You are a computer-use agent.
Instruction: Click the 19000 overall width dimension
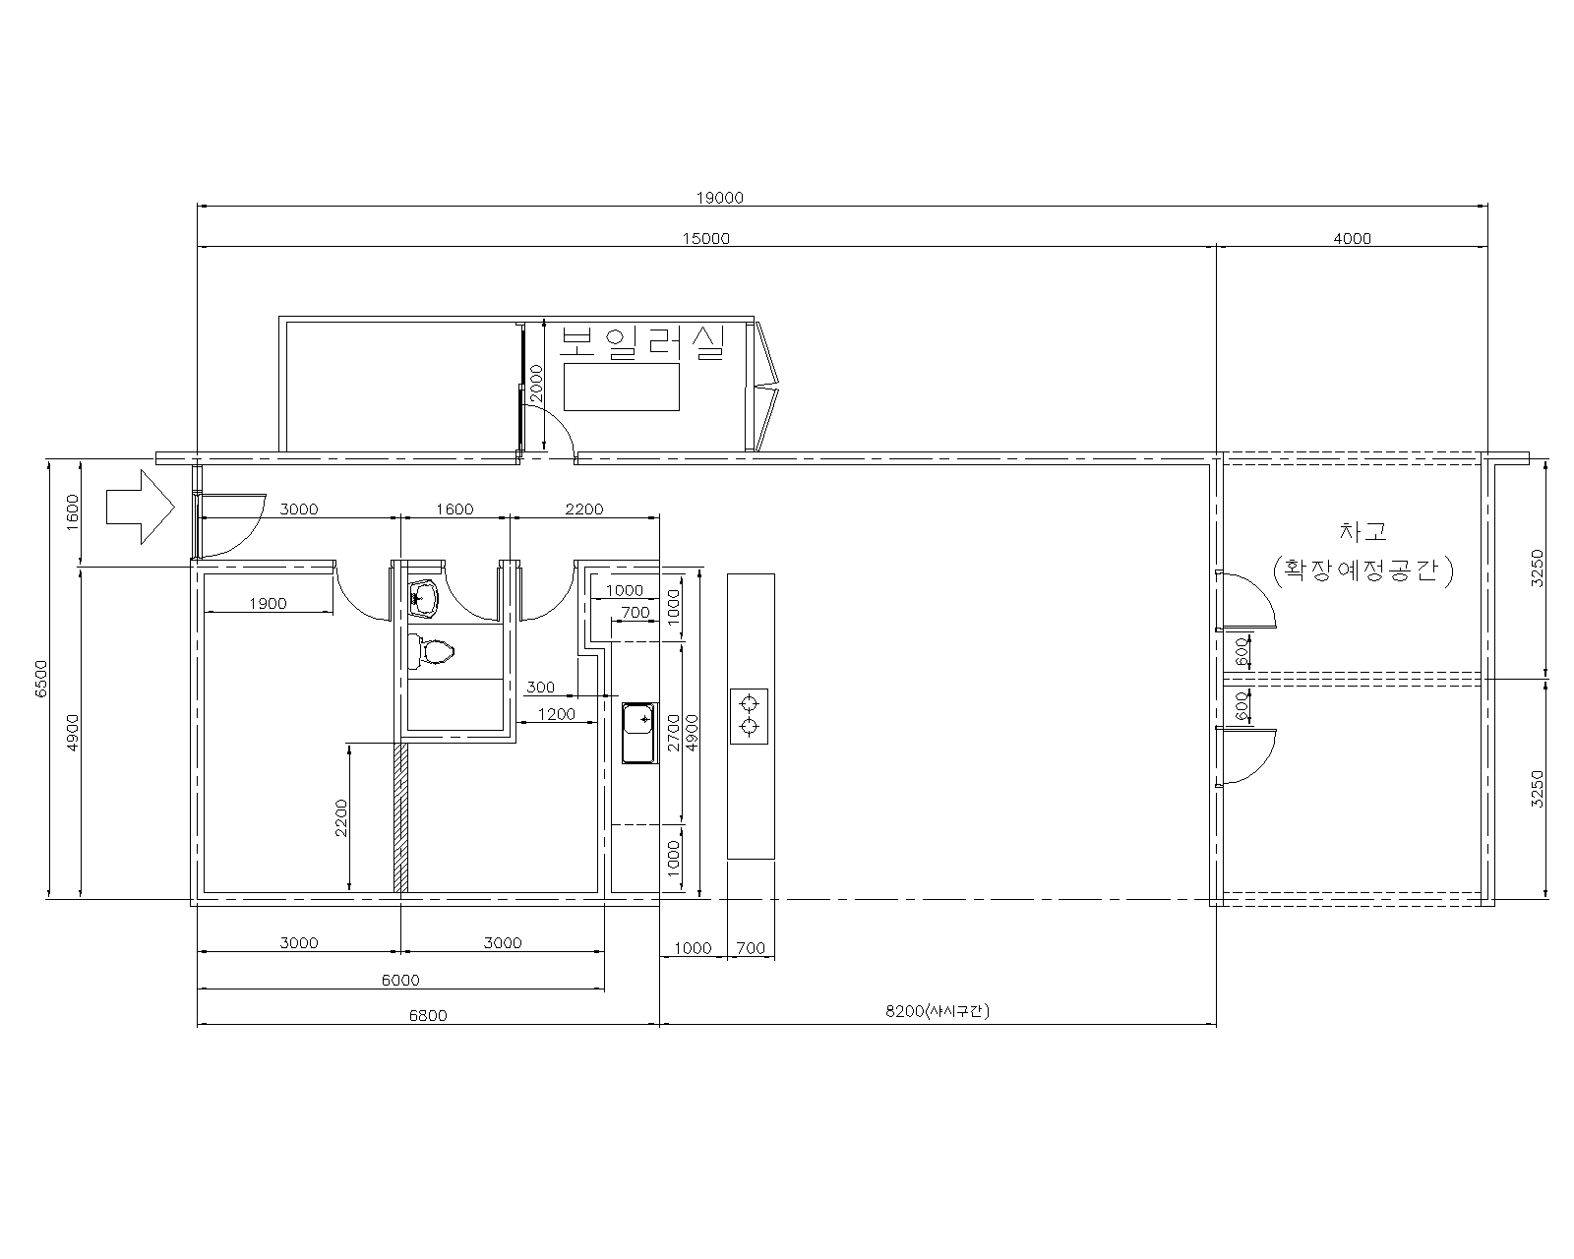click(720, 198)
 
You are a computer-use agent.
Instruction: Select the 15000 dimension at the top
click(705, 238)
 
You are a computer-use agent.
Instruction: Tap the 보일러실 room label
click(641, 342)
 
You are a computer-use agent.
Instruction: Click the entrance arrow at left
click(141, 507)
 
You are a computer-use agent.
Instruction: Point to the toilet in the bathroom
click(432, 650)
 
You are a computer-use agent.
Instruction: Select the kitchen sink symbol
click(639, 733)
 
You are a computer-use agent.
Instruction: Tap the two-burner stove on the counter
click(749, 716)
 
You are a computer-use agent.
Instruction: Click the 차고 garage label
click(1363, 531)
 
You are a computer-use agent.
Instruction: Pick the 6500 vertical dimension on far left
click(41, 678)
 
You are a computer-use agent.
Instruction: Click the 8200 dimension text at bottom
click(937, 1011)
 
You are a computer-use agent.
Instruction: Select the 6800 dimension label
click(428, 1015)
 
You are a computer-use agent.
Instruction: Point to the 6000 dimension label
click(400, 981)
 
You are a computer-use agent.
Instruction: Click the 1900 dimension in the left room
click(268, 604)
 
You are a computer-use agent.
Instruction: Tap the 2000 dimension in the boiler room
click(536, 384)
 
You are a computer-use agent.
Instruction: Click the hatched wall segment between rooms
click(400, 818)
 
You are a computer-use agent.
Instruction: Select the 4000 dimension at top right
click(1353, 238)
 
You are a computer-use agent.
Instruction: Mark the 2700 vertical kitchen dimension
click(674, 733)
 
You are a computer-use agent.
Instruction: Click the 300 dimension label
click(540, 687)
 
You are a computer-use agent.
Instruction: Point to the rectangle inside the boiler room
click(622, 387)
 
